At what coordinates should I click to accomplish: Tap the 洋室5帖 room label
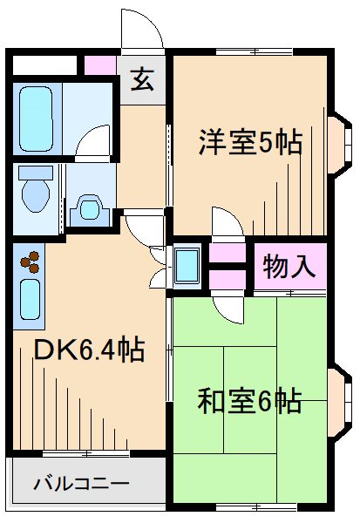click(249, 141)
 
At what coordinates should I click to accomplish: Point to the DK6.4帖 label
click(88, 350)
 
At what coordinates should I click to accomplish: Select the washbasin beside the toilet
click(89, 207)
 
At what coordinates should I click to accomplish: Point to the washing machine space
click(187, 267)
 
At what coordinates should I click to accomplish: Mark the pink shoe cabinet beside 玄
click(98, 65)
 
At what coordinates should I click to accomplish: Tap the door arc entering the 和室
click(227, 307)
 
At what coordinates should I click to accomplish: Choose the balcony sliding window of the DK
click(87, 453)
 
